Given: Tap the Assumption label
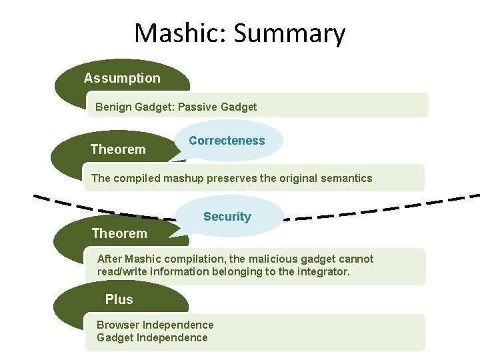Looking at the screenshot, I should tap(122, 78).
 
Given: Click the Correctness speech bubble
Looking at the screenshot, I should tap(227, 141).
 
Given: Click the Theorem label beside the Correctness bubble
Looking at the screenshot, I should tap(118, 149).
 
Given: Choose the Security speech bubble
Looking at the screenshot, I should tap(227, 217).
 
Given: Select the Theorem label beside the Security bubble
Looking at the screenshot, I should tap(119, 233).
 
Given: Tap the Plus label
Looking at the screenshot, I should tap(119, 299).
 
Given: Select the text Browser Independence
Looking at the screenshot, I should tap(155, 325).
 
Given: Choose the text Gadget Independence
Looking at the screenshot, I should tap(152, 337).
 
